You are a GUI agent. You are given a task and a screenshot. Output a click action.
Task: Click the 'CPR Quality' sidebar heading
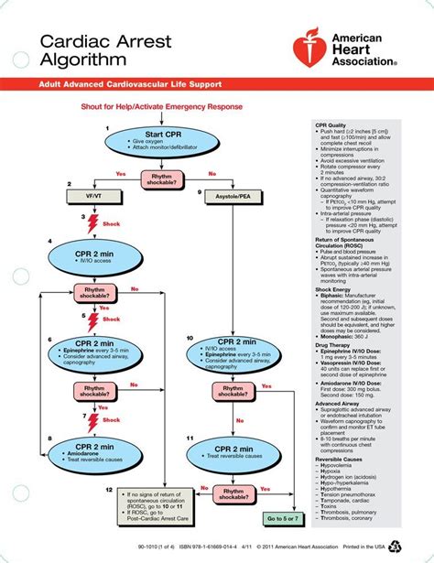331,125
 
